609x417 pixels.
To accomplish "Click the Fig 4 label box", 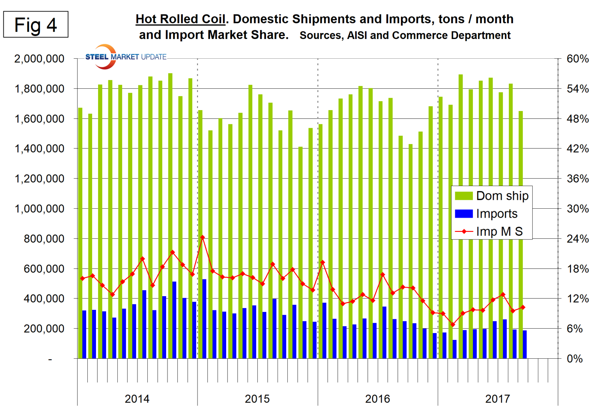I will point(36,25).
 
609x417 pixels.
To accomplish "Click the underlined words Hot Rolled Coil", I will point(180,19).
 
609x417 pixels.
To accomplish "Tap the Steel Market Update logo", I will point(124,57).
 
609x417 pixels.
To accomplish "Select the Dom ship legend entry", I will point(492,196).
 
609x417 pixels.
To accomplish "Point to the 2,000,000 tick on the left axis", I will point(39,59).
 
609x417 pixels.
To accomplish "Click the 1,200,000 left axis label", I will point(39,179).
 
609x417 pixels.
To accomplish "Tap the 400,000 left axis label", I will point(45,299).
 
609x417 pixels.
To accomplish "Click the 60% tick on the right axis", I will point(578,59).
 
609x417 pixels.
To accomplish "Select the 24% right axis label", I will point(578,239).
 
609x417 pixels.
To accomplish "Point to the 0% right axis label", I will point(575,359).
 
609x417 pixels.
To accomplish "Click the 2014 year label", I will point(137,399).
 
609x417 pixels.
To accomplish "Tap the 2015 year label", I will point(257,399).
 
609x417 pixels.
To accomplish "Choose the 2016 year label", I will point(377,399).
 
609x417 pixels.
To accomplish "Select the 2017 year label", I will point(497,399).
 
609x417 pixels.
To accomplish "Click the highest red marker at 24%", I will point(203,237).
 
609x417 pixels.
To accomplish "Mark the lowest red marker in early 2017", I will point(453,324).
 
